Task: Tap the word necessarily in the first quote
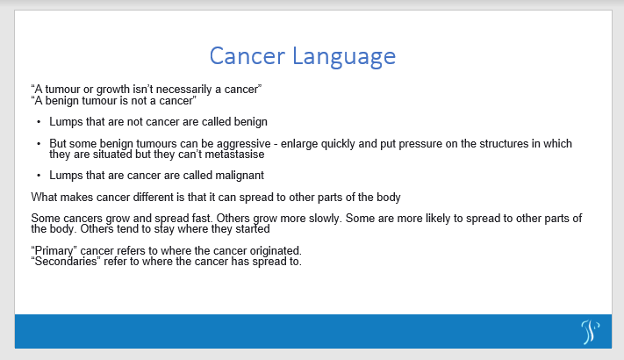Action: (x=188, y=89)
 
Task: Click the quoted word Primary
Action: (x=53, y=250)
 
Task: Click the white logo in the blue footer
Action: (x=590, y=331)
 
